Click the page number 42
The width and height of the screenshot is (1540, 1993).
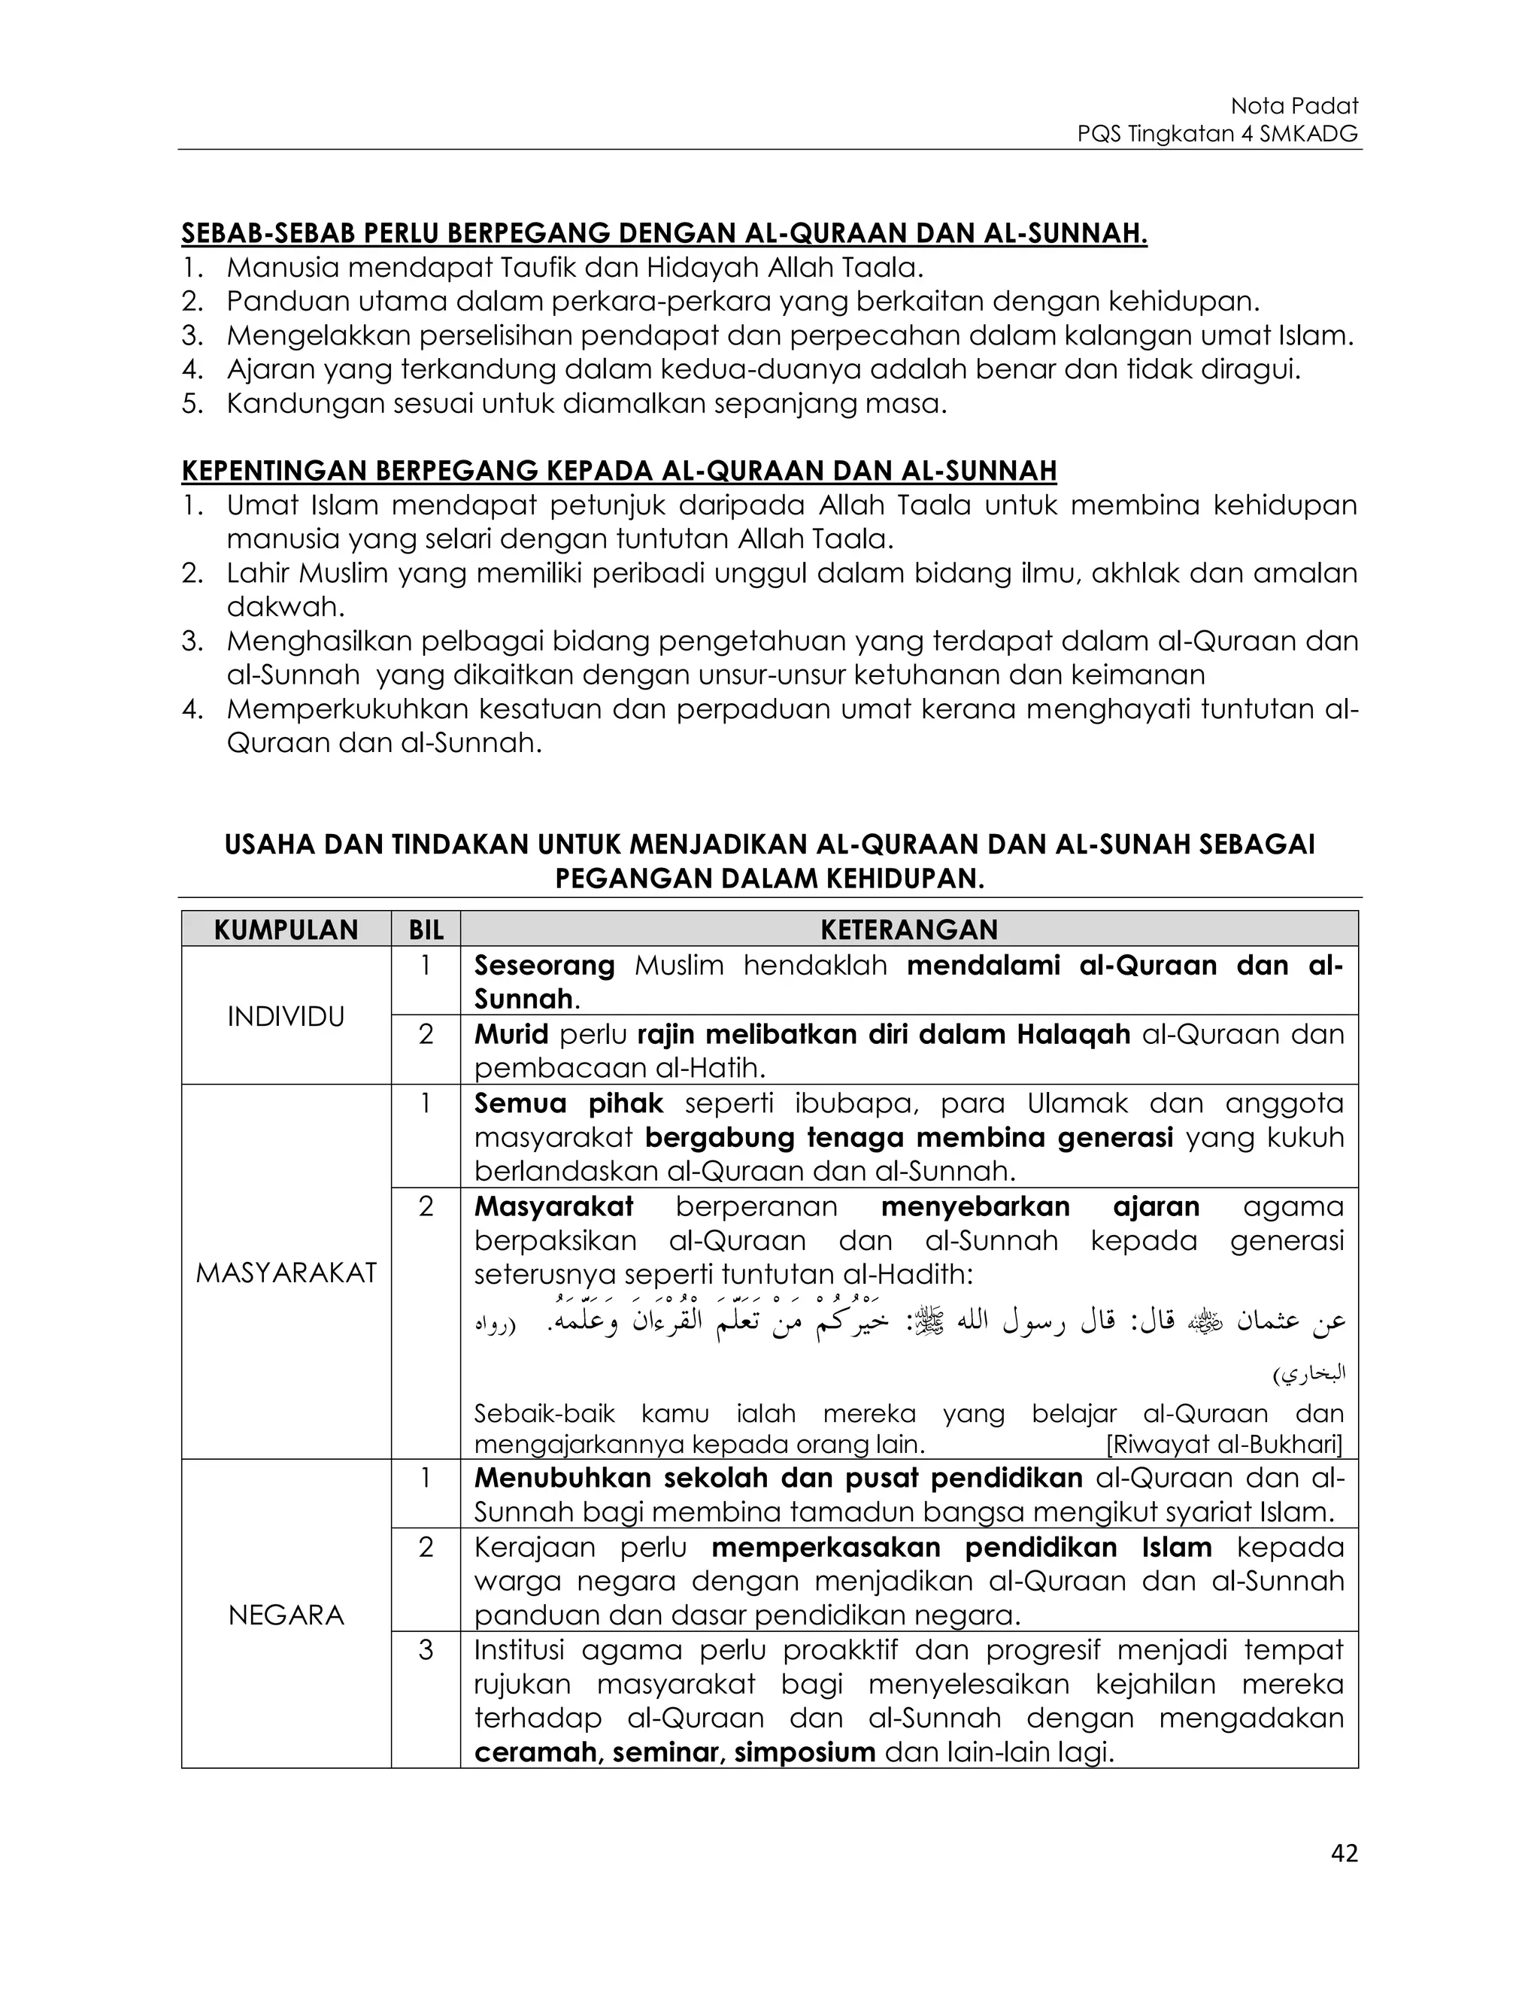tap(1344, 1853)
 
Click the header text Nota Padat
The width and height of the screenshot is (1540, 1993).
tap(1293, 106)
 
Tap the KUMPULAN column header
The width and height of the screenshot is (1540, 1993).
tap(286, 930)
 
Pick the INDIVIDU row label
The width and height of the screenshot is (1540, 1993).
tap(286, 1017)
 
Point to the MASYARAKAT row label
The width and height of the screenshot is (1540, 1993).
tap(286, 1273)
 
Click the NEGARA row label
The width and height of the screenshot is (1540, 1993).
tap(286, 1615)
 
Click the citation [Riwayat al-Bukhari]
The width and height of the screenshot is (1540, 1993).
tap(1223, 1445)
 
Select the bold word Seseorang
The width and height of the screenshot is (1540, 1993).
tap(544, 966)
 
